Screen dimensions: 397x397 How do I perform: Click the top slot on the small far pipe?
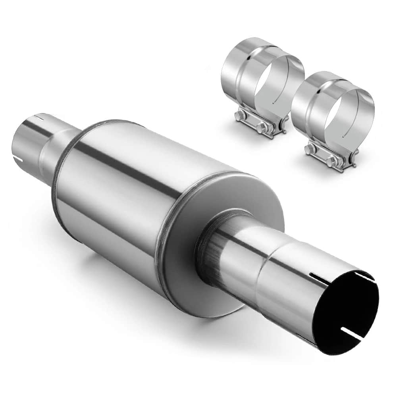38,118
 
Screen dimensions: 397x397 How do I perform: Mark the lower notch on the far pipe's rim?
17,160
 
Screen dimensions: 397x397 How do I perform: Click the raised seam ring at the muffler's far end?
60,171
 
